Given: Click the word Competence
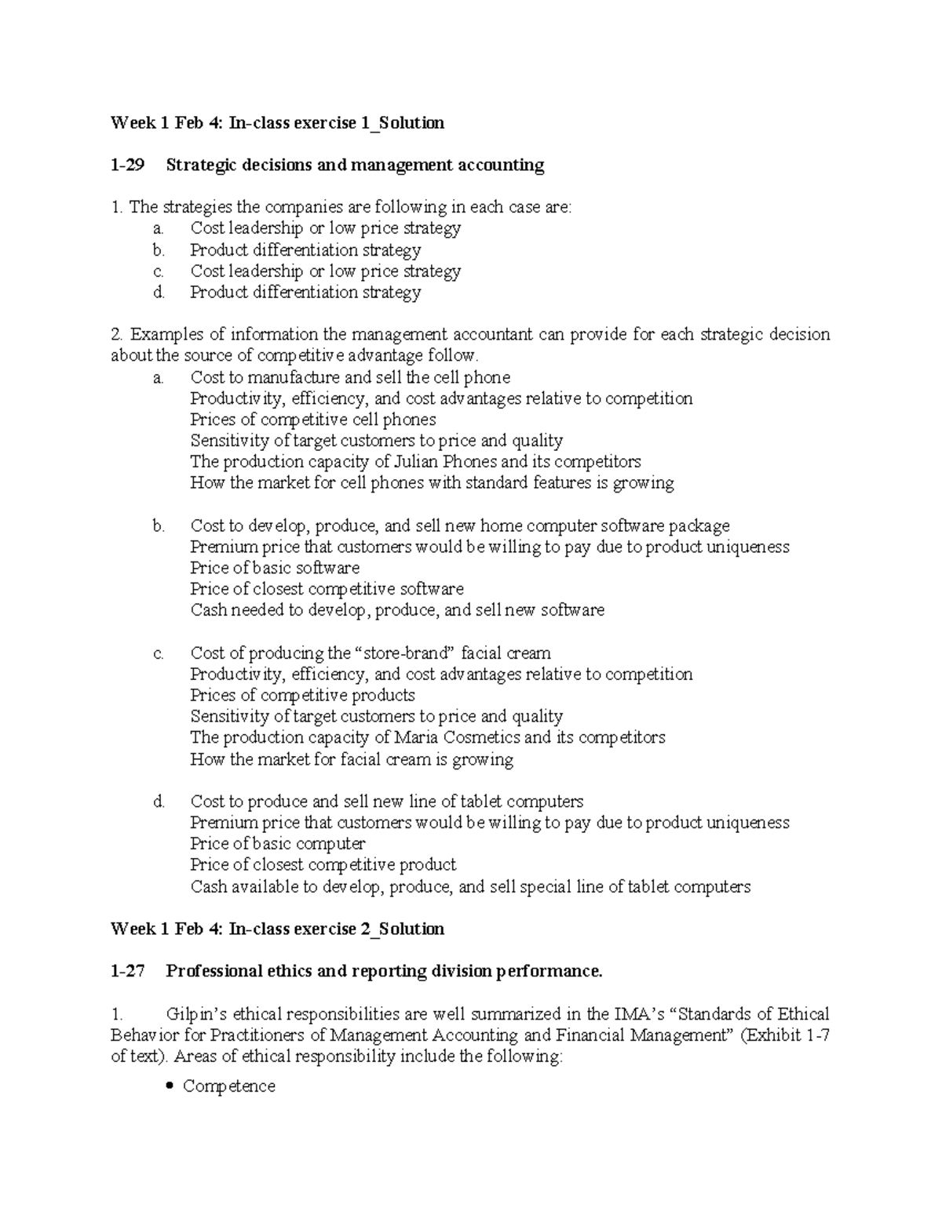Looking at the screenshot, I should pyautogui.click(x=228, y=1086).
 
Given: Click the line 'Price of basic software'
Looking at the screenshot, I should pyautogui.click(x=275, y=568).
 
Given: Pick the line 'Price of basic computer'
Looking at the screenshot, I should pyautogui.click(x=277, y=844).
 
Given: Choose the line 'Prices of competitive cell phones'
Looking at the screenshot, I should pyautogui.click(x=312, y=420).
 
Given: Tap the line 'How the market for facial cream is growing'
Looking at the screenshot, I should pyautogui.click(x=352, y=759).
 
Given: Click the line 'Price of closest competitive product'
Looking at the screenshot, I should pyautogui.click(x=323, y=865).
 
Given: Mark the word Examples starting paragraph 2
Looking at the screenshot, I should pyautogui.click(x=165, y=335).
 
